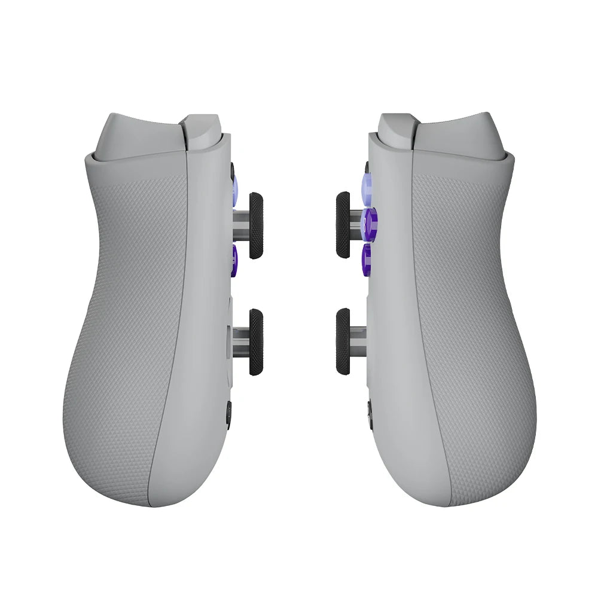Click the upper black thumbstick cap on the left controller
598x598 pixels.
point(256,225)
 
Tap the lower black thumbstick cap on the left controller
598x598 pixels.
point(256,342)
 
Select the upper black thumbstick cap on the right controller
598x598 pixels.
point(343,225)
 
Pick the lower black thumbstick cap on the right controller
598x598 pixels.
point(343,342)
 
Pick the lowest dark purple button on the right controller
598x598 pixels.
point(367,259)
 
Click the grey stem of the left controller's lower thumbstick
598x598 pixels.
point(240,341)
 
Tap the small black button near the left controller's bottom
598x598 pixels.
point(228,414)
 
